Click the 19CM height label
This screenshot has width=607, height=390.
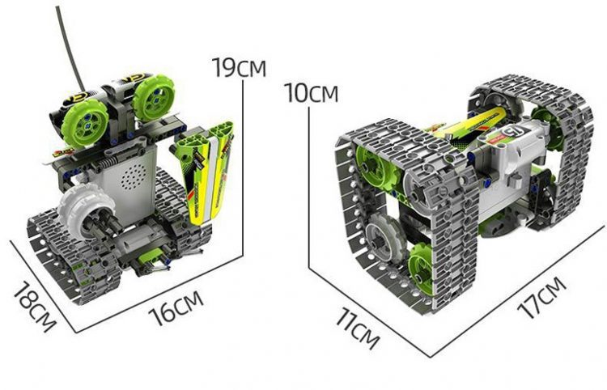click(240, 67)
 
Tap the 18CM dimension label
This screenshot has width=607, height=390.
click(35, 307)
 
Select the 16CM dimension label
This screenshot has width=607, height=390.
click(176, 308)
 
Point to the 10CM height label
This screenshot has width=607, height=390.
click(312, 93)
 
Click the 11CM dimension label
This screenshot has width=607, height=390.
click(357, 328)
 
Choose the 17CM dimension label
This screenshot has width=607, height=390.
click(542, 297)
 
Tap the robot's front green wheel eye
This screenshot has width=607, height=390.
click(84, 123)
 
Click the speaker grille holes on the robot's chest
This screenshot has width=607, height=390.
click(134, 177)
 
